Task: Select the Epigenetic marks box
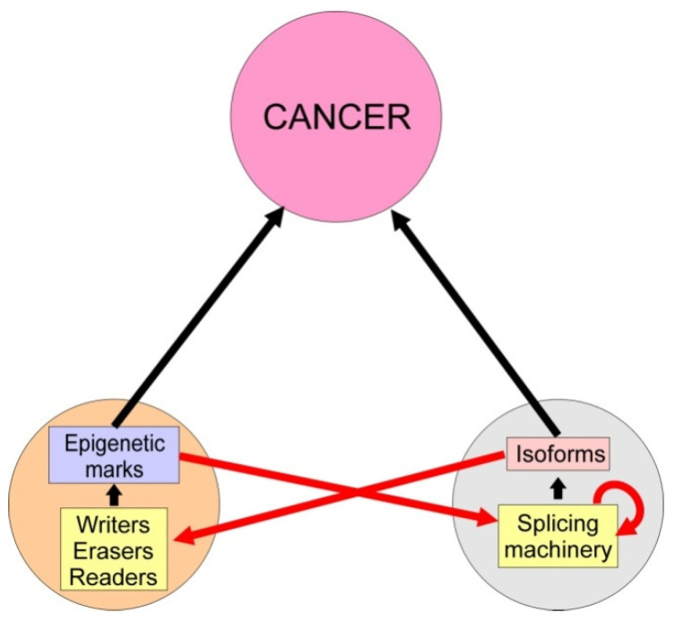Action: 114,455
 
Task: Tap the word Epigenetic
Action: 114,444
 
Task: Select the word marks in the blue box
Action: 114,468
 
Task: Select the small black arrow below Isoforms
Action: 558,487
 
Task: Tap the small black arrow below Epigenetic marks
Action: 114,494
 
